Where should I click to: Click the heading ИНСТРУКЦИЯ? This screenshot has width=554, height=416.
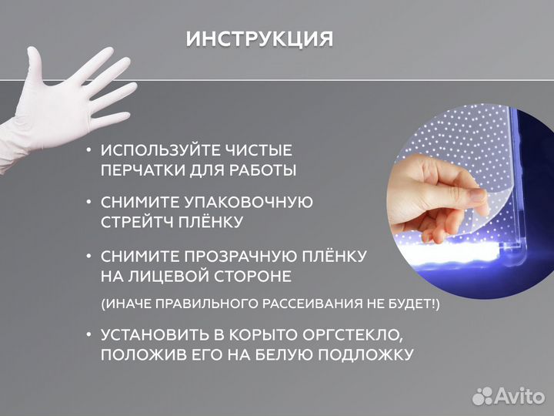coord(259,39)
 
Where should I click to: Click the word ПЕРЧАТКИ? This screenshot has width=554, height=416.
coord(137,169)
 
